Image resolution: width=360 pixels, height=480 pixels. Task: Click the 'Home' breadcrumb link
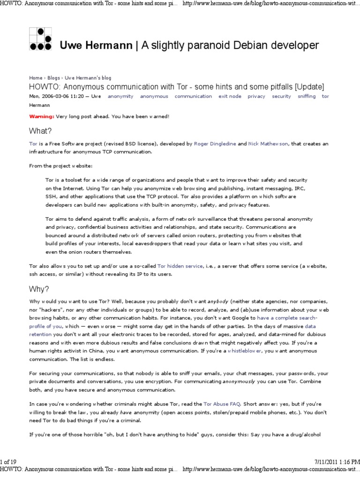click(x=35, y=78)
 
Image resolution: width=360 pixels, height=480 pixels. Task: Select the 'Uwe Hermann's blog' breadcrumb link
click(x=88, y=78)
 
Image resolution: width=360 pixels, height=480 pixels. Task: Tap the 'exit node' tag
click(x=230, y=96)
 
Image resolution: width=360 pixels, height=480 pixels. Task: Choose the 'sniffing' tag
click(x=307, y=96)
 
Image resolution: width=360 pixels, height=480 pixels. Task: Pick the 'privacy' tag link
click(x=256, y=96)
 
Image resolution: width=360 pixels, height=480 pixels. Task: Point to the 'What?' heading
click(x=40, y=131)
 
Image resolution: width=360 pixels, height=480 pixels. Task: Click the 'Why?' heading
click(x=39, y=288)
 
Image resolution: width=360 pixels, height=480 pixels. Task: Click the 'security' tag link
click(x=281, y=96)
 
